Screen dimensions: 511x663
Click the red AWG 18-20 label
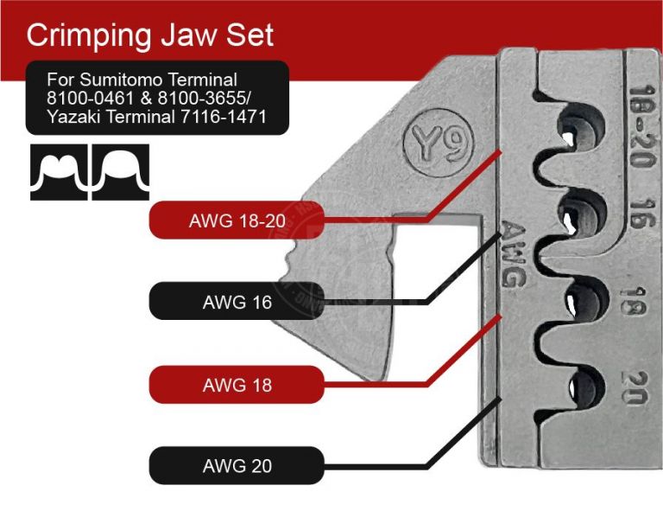click(x=237, y=220)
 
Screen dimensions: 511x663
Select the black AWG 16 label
click(x=237, y=303)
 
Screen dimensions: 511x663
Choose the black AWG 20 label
click(x=237, y=466)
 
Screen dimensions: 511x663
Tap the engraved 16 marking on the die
click(x=640, y=213)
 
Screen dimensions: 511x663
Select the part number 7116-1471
click(x=227, y=117)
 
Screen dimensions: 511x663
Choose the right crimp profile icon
click(x=121, y=172)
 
